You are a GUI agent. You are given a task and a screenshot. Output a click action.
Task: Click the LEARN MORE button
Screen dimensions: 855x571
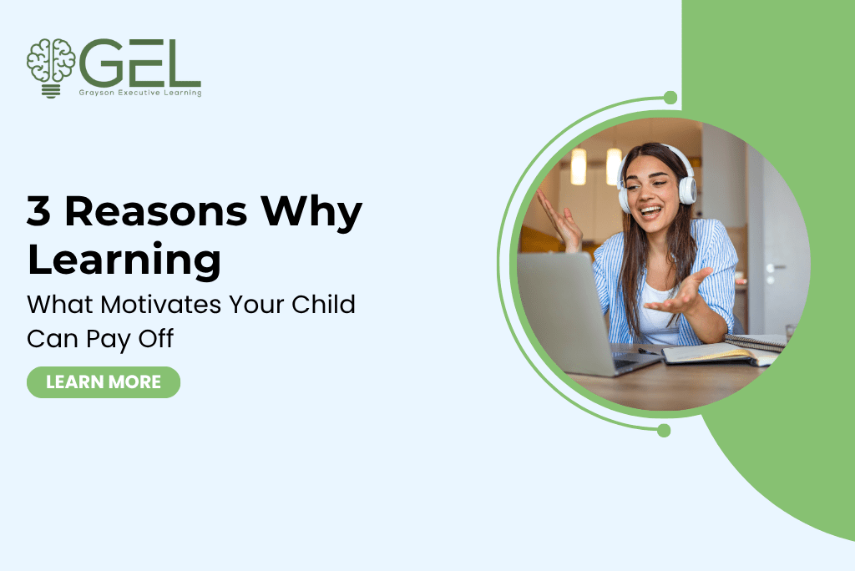(x=104, y=382)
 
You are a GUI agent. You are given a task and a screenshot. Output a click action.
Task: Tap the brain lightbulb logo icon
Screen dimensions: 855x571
(x=51, y=68)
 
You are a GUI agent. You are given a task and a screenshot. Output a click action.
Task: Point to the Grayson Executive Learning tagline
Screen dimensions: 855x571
(x=140, y=93)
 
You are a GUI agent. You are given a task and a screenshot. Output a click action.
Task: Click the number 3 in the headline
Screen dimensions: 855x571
(x=38, y=211)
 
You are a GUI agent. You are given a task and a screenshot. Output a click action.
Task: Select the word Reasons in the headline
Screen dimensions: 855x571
(x=156, y=211)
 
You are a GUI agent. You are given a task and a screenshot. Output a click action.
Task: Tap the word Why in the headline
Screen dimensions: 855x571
(x=311, y=213)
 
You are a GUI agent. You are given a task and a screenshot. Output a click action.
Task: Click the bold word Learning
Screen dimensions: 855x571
(x=124, y=260)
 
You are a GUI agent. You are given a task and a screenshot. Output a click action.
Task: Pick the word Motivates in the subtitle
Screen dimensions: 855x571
(x=161, y=305)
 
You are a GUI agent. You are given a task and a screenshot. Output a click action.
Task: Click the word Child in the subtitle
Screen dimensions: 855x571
(x=323, y=304)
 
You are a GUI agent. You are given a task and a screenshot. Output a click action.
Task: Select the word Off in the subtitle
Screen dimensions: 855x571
(x=156, y=338)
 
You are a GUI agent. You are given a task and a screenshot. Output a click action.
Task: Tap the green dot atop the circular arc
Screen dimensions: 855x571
(x=670, y=99)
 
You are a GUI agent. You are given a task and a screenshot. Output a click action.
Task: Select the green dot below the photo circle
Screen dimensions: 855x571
(x=664, y=431)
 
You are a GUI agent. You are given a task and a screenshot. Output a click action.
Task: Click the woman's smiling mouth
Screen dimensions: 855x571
(x=649, y=210)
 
